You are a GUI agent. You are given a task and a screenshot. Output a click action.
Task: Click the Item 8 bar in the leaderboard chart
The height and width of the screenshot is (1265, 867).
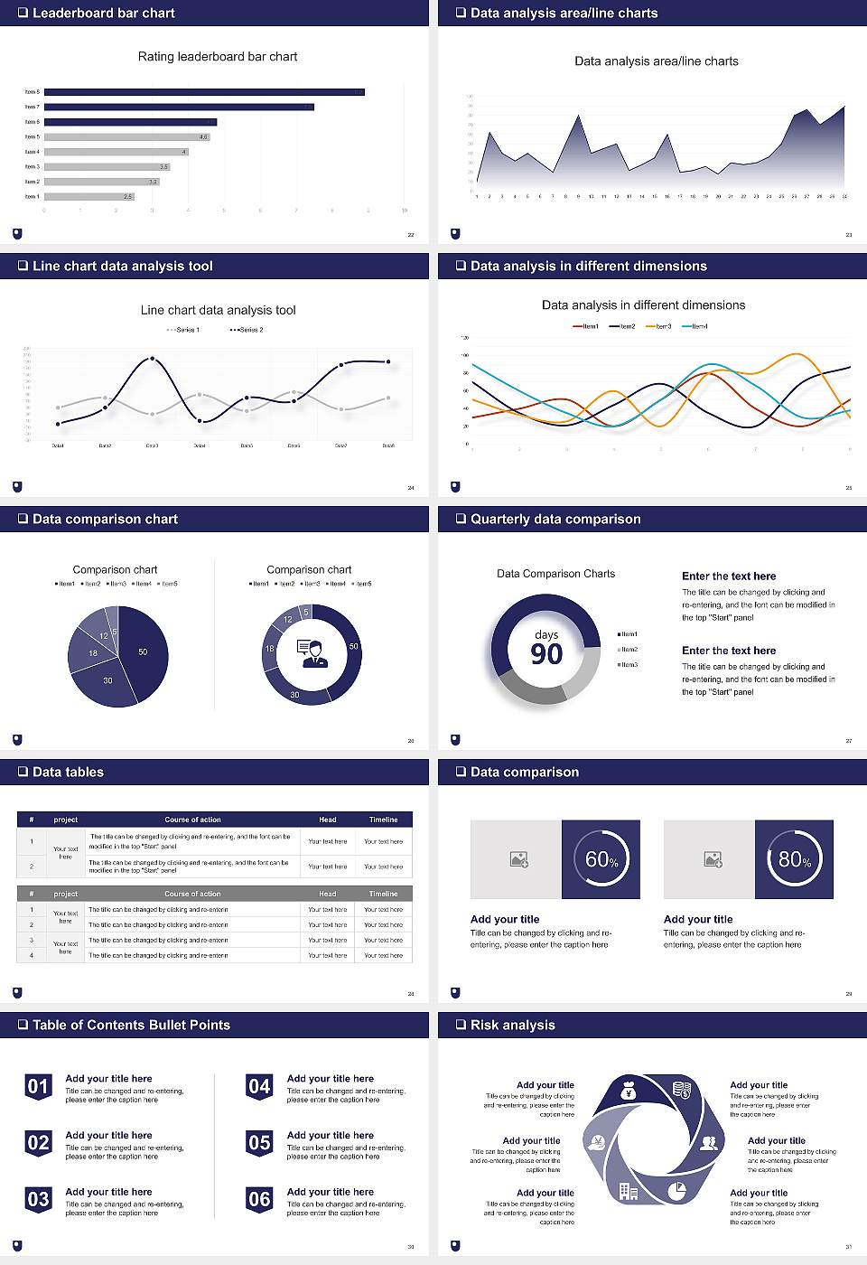pos(204,92)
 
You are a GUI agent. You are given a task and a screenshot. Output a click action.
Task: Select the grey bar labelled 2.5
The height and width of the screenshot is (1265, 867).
pos(89,196)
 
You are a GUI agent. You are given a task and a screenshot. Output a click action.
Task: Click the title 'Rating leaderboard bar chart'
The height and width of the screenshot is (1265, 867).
pos(218,57)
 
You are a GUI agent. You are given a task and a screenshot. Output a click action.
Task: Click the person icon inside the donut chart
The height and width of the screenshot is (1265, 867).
pos(312,652)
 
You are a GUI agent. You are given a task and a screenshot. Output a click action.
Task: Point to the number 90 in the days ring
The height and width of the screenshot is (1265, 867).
pos(546,654)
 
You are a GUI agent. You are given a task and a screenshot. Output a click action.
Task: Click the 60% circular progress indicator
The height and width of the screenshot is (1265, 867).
pos(601,859)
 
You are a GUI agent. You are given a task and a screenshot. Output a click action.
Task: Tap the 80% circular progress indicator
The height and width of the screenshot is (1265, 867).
pos(795,859)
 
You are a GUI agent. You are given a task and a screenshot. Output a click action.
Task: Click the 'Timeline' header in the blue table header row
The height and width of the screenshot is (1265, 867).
pos(383,820)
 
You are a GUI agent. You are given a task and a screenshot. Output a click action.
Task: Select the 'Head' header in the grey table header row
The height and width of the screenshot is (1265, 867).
pos(327,894)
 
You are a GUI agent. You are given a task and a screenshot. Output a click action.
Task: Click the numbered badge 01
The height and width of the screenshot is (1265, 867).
pos(38,1086)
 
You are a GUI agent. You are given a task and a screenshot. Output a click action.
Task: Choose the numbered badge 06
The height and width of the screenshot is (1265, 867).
pos(259,1199)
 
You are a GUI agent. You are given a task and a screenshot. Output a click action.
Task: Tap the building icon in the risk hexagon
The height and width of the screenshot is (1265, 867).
pos(629,1192)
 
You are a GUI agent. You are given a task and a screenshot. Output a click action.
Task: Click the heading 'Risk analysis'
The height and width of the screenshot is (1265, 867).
pos(512,1026)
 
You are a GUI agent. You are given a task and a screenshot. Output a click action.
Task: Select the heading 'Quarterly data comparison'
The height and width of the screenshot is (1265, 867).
pos(555,520)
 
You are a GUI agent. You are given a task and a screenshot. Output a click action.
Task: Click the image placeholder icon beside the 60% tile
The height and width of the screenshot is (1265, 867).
pos(518,859)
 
